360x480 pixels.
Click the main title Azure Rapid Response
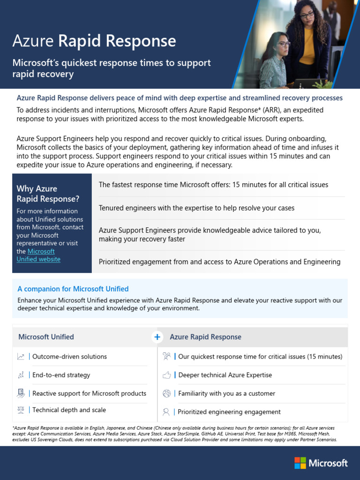coord(94,41)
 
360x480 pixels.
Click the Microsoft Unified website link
coord(39,255)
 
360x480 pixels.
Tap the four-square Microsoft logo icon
coord(300,463)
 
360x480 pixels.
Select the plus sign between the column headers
coord(157,337)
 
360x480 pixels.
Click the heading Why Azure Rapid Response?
coord(48,194)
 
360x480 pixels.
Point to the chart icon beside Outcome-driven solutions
coord(21,357)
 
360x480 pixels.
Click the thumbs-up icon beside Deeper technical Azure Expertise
coord(166,375)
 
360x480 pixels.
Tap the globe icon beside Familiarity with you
coord(166,393)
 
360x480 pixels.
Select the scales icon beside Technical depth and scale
coord(21,410)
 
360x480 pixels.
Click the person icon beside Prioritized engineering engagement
coord(166,412)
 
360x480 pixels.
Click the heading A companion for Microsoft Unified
coord(73,289)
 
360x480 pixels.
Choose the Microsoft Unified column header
coord(46,337)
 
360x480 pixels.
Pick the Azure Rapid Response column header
coord(205,337)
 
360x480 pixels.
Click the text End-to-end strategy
coord(61,375)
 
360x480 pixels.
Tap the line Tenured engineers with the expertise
coord(196,208)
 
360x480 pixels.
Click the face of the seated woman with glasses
coord(282,46)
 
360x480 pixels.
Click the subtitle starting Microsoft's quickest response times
coord(111,68)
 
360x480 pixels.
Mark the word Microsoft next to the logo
coord(328,463)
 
